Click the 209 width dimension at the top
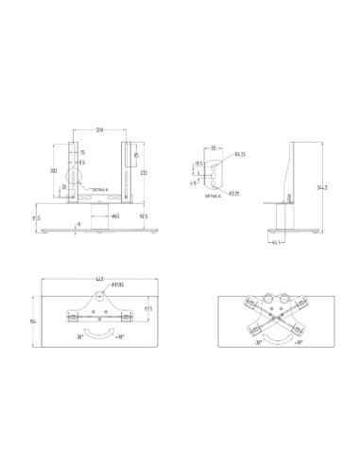coord(99,129)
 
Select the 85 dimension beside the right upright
coord(137,155)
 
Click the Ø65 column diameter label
coord(114,216)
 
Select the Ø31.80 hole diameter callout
coord(118,285)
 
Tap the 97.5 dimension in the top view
coord(149,309)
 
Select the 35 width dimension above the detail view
coord(214,148)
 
